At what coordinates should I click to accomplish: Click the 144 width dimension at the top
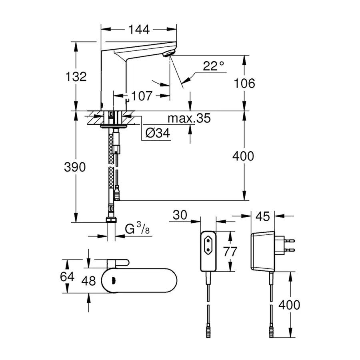click(139, 29)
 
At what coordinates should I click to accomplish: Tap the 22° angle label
click(213, 66)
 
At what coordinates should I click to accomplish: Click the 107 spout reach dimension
click(141, 96)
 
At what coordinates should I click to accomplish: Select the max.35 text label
click(188, 118)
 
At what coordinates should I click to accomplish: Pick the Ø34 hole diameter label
click(158, 134)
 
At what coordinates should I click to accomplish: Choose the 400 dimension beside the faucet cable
click(243, 156)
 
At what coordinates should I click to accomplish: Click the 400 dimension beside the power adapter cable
click(289, 305)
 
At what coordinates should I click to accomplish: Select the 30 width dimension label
click(180, 215)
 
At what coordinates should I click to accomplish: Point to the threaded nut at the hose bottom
click(111, 220)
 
